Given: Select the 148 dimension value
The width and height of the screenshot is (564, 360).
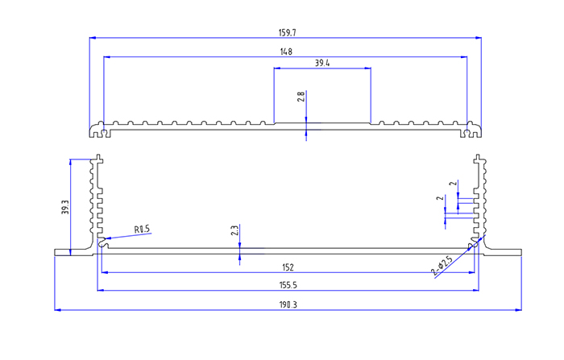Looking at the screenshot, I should click(286, 52).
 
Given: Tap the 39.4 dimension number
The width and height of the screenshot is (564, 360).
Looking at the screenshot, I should click(322, 63).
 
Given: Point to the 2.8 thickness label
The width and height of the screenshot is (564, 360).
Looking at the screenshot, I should click(301, 97).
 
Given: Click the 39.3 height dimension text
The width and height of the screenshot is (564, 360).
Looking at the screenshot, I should click(64, 207).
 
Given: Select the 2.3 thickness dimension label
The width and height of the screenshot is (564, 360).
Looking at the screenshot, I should click(234, 230).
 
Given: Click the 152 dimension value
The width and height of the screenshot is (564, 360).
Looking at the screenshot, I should click(287, 267).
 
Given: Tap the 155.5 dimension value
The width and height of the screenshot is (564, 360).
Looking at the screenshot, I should click(287, 285).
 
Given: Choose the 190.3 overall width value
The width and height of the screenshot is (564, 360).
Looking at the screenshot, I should click(287, 304).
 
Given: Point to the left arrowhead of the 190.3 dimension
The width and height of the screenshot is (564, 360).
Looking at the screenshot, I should click(57, 309).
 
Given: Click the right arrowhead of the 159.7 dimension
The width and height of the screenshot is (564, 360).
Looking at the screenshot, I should click(479, 37).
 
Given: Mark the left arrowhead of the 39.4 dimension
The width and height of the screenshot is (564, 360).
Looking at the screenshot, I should click(277, 68).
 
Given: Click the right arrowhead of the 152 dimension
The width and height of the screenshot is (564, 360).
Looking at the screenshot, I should click(471, 271).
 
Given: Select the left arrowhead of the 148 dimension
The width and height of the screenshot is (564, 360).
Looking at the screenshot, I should click(106, 56).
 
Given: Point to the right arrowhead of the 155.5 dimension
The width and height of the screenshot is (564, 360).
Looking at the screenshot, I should click(475, 291).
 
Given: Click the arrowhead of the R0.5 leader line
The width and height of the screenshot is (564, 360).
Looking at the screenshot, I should click(108, 238).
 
